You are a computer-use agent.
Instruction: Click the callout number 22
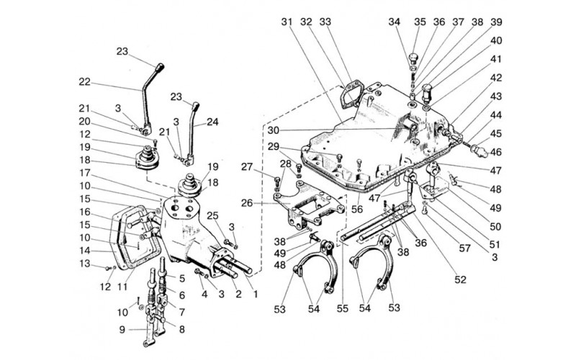(x=84, y=81)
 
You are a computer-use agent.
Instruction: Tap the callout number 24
(x=212, y=122)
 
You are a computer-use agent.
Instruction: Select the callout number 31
(x=287, y=22)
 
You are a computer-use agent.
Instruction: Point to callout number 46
(x=496, y=152)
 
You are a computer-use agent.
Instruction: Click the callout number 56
(x=356, y=210)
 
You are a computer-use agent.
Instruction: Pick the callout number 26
(x=247, y=202)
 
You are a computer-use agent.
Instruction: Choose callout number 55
(x=343, y=309)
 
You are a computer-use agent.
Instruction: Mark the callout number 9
(x=122, y=330)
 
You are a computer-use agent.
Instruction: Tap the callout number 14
(x=84, y=251)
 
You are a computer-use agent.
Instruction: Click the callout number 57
(x=464, y=248)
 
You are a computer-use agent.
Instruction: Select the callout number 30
(x=274, y=130)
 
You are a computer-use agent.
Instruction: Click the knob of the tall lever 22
(x=159, y=68)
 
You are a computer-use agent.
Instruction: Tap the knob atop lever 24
(x=196, y=106)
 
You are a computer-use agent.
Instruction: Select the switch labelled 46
(x=480, y=150)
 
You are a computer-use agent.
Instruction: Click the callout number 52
(x=460, y=279)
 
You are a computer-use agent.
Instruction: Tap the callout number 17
(x=84, y=172)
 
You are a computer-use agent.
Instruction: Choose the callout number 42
(x=496, y=78)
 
